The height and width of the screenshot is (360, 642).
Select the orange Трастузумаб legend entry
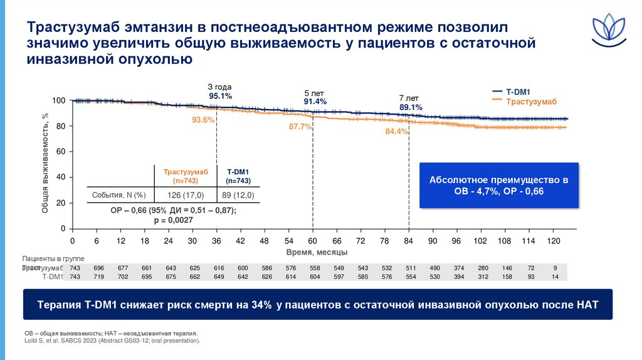[531, 100]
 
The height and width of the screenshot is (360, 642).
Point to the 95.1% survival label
[220, 96]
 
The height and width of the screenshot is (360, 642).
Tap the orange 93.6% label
[204, 120]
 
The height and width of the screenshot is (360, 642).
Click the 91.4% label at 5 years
[315, 102]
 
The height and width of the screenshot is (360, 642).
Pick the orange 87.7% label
[300, 127]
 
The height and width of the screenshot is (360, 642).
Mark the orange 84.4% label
[397, 132]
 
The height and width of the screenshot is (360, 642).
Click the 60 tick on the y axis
[61, 152]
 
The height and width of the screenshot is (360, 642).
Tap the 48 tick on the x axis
[265, 241]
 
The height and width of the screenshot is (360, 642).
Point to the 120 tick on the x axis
[553, 241]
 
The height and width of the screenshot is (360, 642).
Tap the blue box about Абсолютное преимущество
[498, 185]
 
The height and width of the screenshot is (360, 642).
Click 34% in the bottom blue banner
[261, 305]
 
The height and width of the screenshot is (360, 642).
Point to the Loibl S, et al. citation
[112, 341]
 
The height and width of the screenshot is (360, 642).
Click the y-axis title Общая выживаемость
[45, 163]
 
